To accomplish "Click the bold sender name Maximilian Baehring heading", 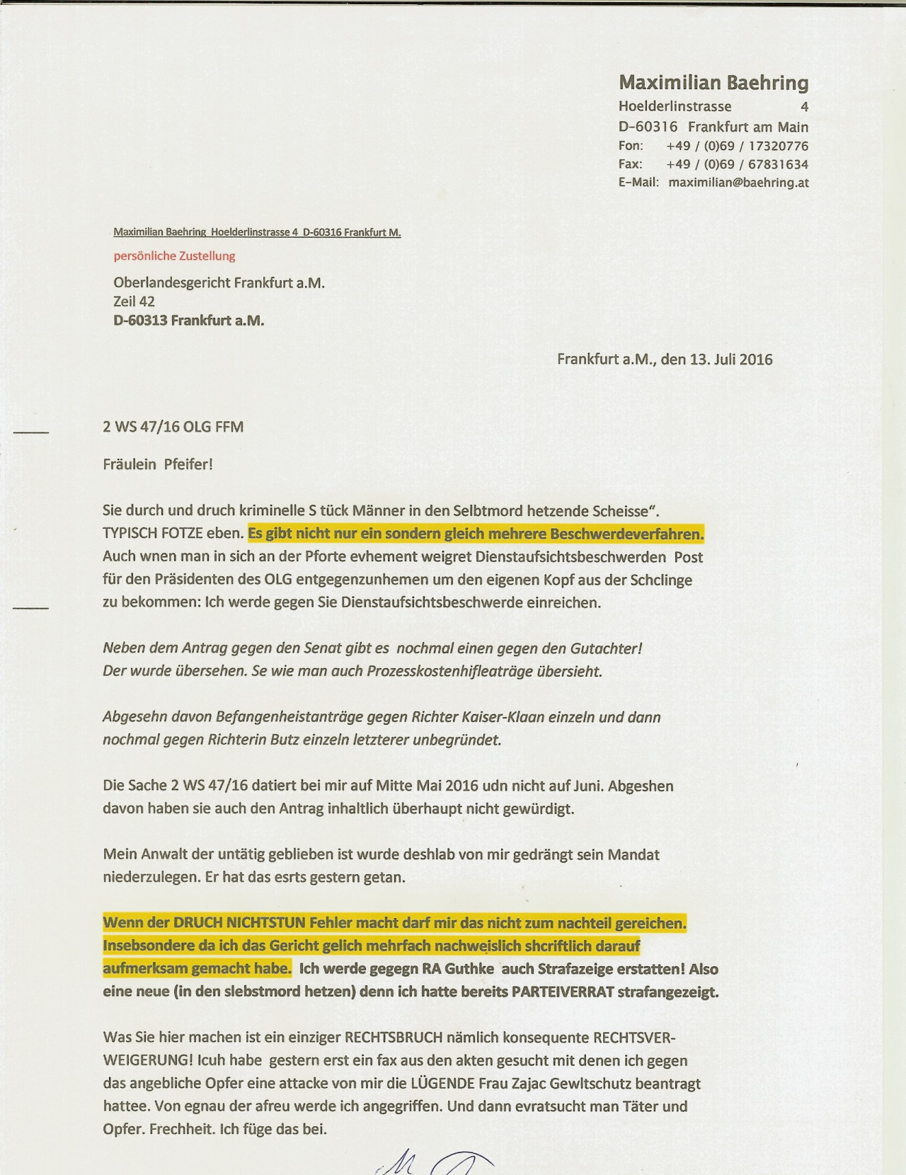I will (x=713, y=83).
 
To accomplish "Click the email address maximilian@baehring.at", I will (x=738, y=183).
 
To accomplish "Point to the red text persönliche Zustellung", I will (x=174, y=256).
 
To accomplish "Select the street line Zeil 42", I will (x=134, y=302).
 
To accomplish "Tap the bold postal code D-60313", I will (x=140, y=321).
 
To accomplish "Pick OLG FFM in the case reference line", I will (x=213, y=427).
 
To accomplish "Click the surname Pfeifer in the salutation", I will (x=188, y=464).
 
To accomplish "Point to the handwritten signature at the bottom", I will (x=432, y=1161).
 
